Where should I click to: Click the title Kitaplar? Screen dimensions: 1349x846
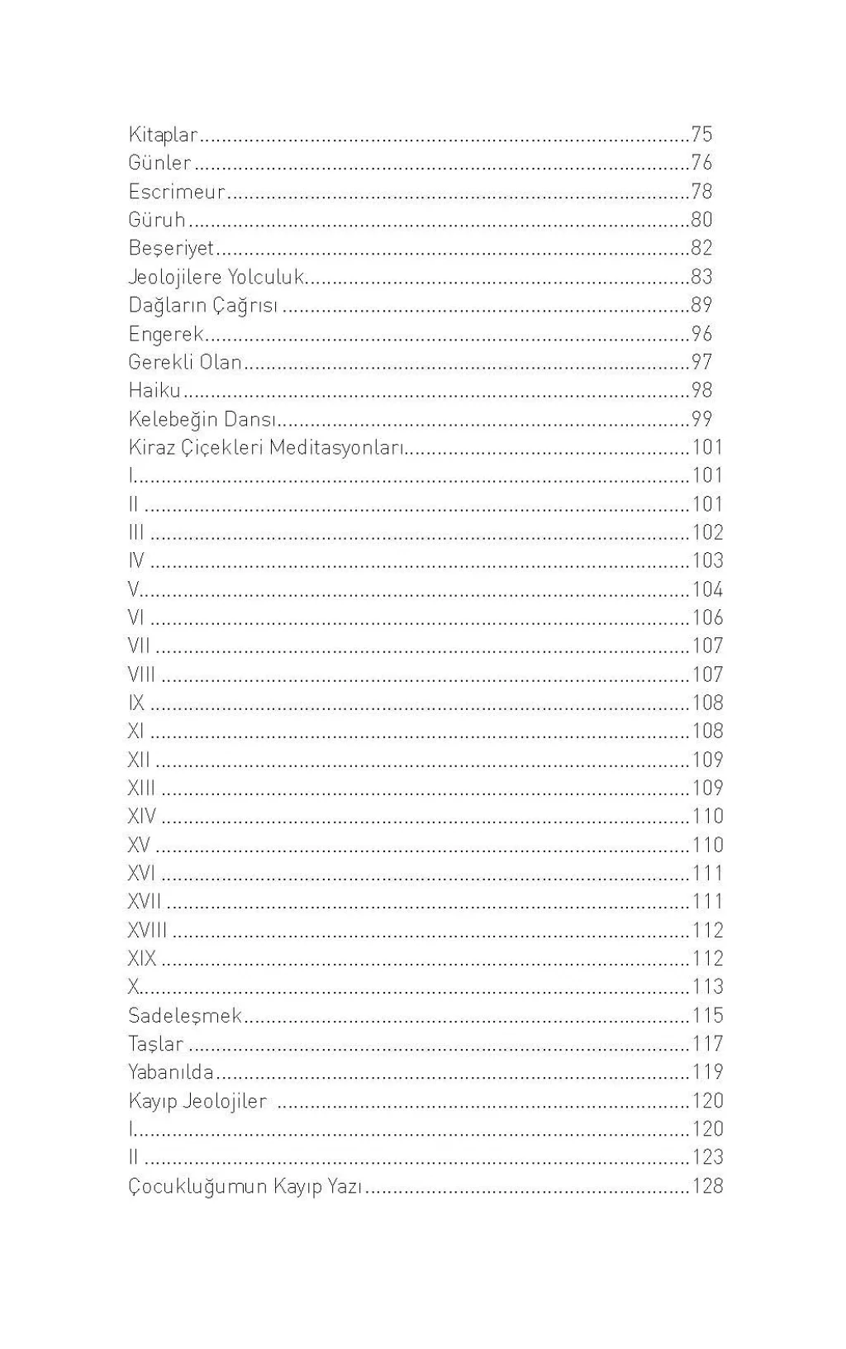pyautogui.click(x=164, y=134)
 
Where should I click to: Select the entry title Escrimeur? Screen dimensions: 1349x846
pyautogui.click(x=177, y=192)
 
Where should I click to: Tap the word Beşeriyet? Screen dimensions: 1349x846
pyautogui.click(x=171, y=248)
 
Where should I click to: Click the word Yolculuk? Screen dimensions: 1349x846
pyautogui.click(x=266, y=277)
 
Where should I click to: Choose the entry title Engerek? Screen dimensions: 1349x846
pyautogui.click(x=166, y=334)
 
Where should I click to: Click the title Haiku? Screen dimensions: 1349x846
pyautogui.click(x=154, y=390)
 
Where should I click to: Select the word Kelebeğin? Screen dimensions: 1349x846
pyautogui.click(x=173, y=419)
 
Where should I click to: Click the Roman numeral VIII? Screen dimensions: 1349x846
pyautogui.click(x=141, y=674)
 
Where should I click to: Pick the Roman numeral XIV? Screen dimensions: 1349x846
pyautogui.click(x=142, y=817)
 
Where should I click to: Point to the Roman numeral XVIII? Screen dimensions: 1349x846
pyautogui.click(x=147, y=930)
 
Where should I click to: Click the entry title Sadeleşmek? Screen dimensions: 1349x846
pyautogui.click(x=185, y=1015)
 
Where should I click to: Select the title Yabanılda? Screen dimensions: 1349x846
pyautogui.click(x=171, y=1072)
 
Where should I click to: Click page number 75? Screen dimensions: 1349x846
pyautogui.click(x=701, y=134)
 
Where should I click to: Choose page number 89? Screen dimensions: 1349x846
pyautogui.click(x=701, y=305)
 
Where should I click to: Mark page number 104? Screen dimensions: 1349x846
pyautogui.click(x=707, y=589)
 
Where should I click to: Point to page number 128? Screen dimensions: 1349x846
pyautogui.click(x=707, y=1186)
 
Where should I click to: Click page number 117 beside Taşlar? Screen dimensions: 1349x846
pyautogui.click(x=707, y=1044)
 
